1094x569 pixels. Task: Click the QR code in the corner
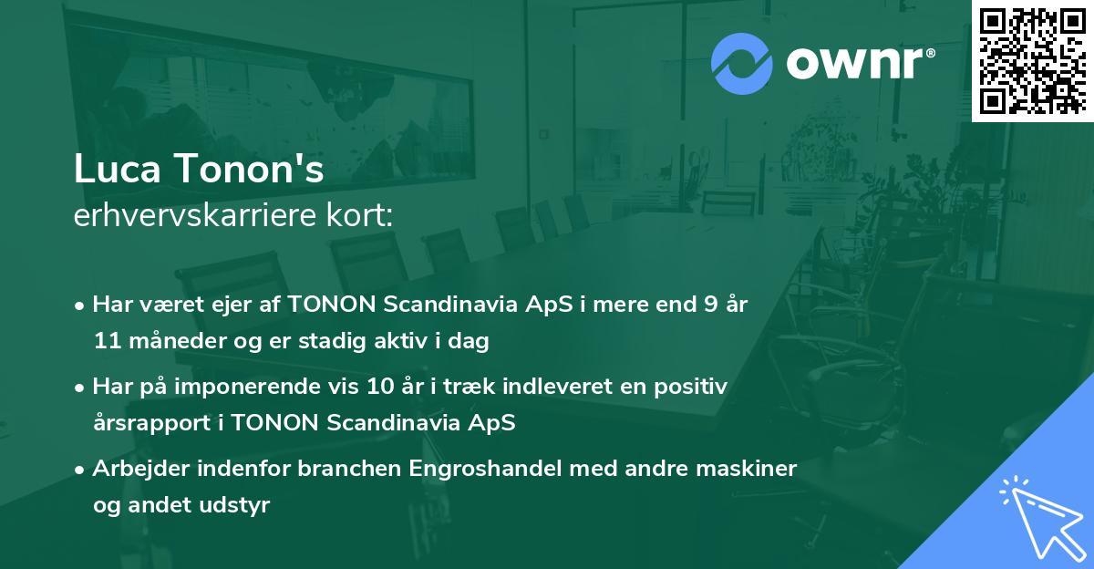coord(1031,60)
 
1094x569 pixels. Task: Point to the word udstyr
coord(239,505)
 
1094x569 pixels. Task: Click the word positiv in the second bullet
coord(696,387)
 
